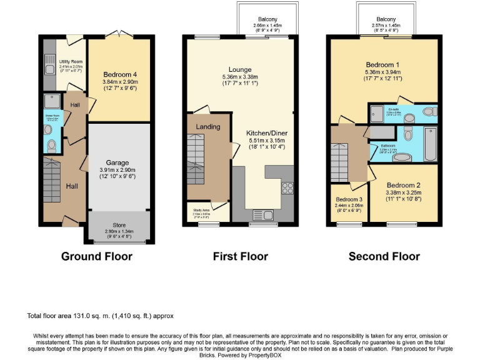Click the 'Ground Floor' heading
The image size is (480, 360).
[x=97, y=256]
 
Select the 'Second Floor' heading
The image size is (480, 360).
[x=384, y=256]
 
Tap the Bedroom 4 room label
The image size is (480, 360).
[x=118, y=74]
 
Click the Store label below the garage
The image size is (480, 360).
[x=118, y=225]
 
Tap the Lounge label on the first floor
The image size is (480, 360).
[x=240, y=69]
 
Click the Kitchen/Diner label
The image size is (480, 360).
[x=266, y=133]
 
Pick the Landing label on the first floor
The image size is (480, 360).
[x=207, y=127]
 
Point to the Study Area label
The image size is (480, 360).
[x=201, y=209]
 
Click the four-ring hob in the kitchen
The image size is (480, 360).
[x=288, y=187]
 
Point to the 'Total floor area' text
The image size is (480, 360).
[x=100, y=316]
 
